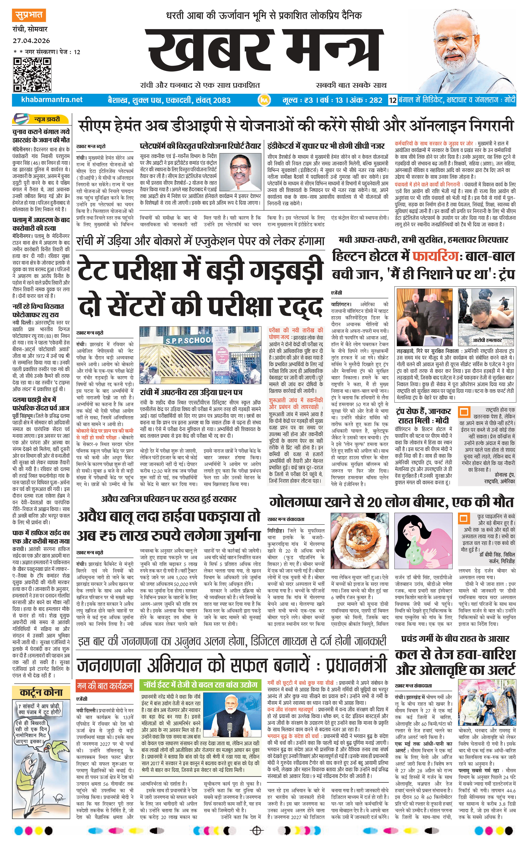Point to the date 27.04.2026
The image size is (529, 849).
pos(31,41)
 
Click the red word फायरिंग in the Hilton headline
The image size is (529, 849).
pos(435,256)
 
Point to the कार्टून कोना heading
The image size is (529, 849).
pos(41,692)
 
